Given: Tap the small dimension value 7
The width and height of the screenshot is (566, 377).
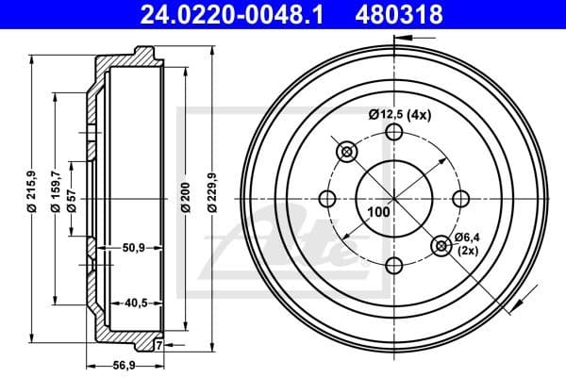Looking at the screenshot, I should point(159,347).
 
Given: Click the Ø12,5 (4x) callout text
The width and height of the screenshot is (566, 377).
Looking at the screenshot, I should point(398,115).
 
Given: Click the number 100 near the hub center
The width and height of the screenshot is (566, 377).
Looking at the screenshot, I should point(378,212).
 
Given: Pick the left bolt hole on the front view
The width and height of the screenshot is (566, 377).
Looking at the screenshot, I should point(328,199).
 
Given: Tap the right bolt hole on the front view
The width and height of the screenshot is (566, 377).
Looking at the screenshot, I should point(460,199).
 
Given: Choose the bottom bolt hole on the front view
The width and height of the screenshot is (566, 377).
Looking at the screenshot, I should point(394,265).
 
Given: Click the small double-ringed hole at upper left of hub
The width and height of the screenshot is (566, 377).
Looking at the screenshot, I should point(346,152).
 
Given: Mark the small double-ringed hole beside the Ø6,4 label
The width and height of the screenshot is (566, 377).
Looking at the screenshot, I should point(441,246).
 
